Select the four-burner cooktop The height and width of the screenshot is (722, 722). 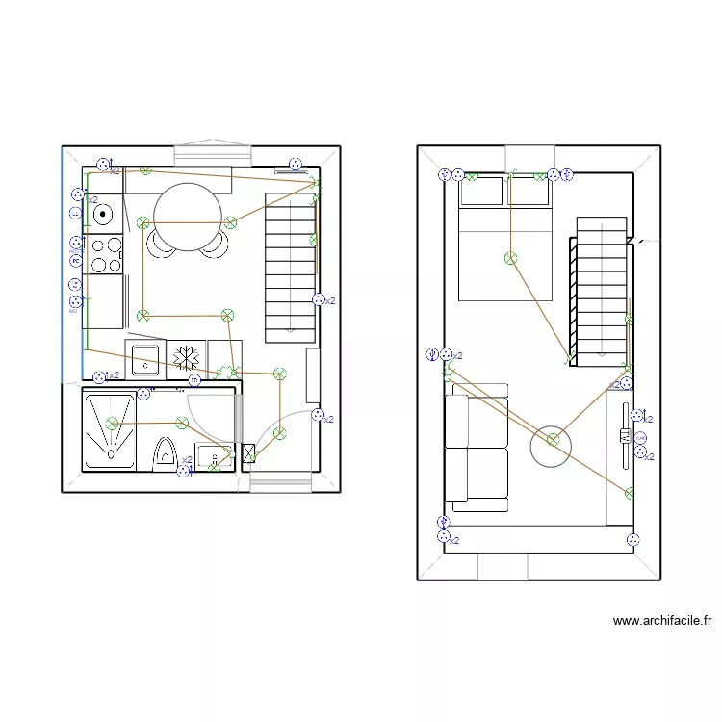(x=105, y=255)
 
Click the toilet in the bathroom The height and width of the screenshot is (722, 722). (x=166, y=451)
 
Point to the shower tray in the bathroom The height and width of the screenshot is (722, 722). (x=111, y=430)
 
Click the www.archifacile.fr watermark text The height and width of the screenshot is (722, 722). (x=661, y=622)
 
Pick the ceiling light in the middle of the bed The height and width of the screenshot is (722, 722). (x=510, y=258)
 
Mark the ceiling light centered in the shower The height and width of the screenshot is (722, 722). (x=113, y=423)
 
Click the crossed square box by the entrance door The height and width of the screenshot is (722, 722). (x=248, y=453)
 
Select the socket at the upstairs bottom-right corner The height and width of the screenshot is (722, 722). (x=632, y=540)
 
